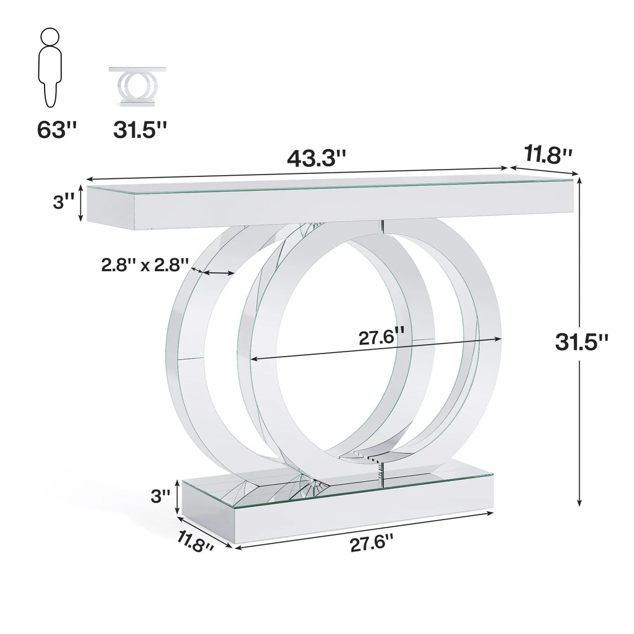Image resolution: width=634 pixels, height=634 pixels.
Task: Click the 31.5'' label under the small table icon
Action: pos(140,130)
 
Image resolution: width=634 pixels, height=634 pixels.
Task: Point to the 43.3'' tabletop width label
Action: pos(315,157)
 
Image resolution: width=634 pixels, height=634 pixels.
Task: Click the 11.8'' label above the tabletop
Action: pos(548,155)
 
